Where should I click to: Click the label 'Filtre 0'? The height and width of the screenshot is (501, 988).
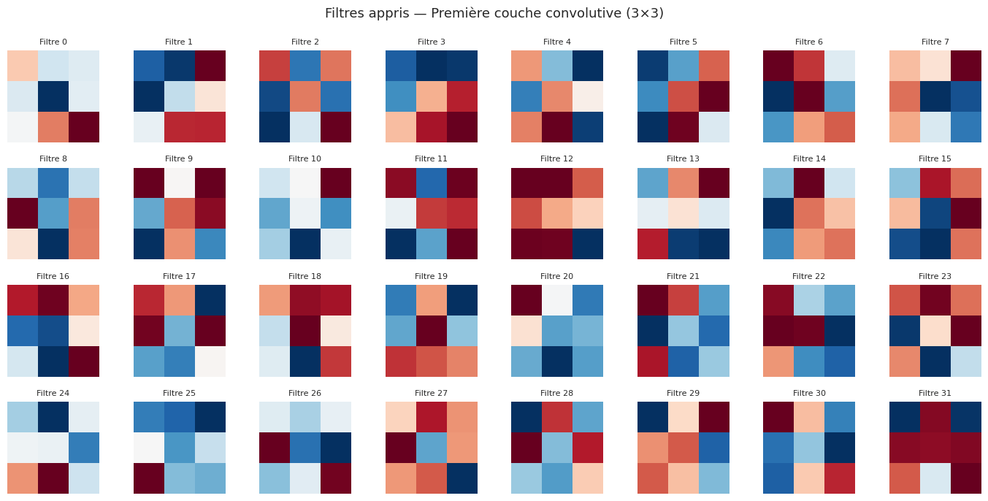tap(53, 42)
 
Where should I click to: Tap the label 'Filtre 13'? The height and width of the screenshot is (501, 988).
tap(683, 158)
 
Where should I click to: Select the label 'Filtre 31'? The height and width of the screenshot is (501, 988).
tap(935, 393)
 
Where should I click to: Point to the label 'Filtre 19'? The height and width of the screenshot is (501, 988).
tap(431, 276)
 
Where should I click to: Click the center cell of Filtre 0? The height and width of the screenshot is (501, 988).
tap(53, 96)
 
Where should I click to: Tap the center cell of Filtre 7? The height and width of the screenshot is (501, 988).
tap(935, 96)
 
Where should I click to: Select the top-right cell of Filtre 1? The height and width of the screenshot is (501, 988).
tap(210, 66)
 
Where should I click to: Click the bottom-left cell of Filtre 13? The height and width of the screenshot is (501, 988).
tap(652, 244)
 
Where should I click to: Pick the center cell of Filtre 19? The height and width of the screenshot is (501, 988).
tap(431, 331)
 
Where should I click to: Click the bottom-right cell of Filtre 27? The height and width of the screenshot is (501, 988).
tap(462, 478)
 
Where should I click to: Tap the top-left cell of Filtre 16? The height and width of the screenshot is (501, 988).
tap(23, 300)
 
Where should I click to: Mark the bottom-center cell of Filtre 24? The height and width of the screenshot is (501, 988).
tap(53, 478)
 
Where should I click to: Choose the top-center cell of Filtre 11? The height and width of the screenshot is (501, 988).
tap(431, 183)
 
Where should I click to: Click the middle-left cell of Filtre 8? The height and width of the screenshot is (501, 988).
tap(23, 213)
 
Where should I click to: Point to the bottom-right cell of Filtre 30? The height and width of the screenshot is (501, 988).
tap(840, 478)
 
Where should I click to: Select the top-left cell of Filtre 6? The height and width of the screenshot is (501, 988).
tap(778, 66)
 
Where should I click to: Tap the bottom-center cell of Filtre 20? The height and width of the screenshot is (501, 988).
tap(557, 362)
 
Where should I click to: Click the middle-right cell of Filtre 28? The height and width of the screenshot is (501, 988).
tap(588, 448)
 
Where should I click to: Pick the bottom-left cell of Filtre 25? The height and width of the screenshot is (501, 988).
tap(149, 478)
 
